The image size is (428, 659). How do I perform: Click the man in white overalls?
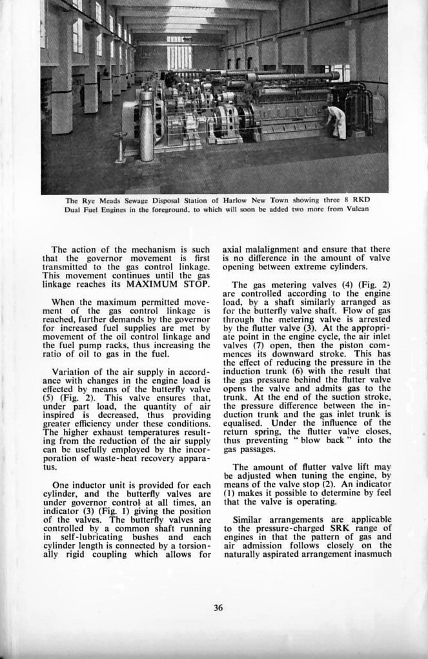tap(337, 122)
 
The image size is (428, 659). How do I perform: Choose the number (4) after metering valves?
tap(346, 286)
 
